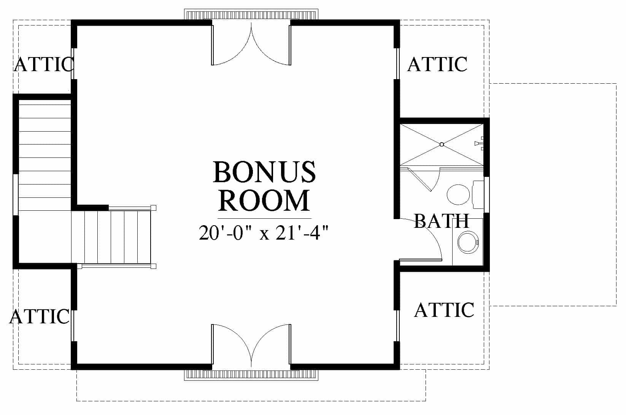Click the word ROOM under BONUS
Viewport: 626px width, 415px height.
coord(264,200)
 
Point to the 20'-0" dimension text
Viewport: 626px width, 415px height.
coord(225,232)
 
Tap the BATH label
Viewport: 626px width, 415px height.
coord(441,221)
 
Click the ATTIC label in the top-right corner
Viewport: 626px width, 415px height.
coord(437,64)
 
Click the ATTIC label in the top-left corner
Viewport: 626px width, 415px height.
coord(44,64)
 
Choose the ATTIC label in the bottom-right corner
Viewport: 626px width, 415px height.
coord(444,310)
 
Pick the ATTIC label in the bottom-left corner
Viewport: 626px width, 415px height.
coord(40,316)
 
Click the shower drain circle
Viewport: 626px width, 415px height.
coord(442,145)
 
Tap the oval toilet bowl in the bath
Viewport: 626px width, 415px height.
coord(458,194)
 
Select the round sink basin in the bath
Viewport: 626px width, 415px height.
coord(468,242)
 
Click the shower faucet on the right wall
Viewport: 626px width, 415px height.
coord(479,144)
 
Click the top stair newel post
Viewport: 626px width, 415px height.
coord(153,208)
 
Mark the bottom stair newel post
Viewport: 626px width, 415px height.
coord(153,266)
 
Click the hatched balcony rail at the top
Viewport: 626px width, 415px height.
coord(251,14)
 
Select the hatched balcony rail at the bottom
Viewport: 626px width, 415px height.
coord(251,375)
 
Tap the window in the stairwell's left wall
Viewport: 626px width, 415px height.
coord(16,194)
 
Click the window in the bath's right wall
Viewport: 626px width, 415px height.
coord(486,194)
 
